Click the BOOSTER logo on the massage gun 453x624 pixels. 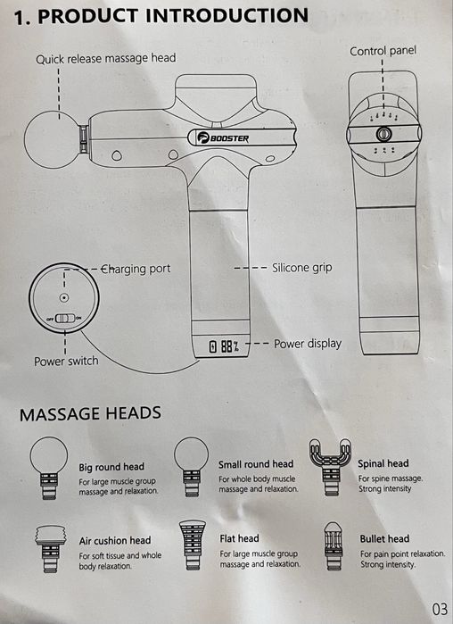click(x=223, y=137)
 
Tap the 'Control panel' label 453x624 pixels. click(x=383, y=51)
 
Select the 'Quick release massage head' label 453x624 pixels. click(x=106, y=59)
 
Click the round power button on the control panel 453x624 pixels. click(x=383, y=134)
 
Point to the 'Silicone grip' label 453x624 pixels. click(x=302, y=268)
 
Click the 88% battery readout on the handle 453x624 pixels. click(x=225, y=346)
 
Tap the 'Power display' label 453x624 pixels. click(x=308, y=344)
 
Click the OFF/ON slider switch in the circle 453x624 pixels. click(x=64, y=318)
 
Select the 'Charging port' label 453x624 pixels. click(x=136, y=269)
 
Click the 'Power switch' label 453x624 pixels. click(x=66, y=361)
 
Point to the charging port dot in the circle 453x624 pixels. click(x=63, y=297)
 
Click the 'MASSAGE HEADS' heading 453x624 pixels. click(x=90, y=413)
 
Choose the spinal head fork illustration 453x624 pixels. click(x=330, y=466)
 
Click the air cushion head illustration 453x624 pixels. click(x=50, y=548)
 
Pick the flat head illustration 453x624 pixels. click(x=193, y=545)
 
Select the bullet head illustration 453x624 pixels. click(x=333, y=545)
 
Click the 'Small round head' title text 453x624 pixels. click(x=256, y=464)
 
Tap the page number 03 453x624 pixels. click(x=440, y=609)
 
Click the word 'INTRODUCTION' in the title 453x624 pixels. click(x=226, y=16)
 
